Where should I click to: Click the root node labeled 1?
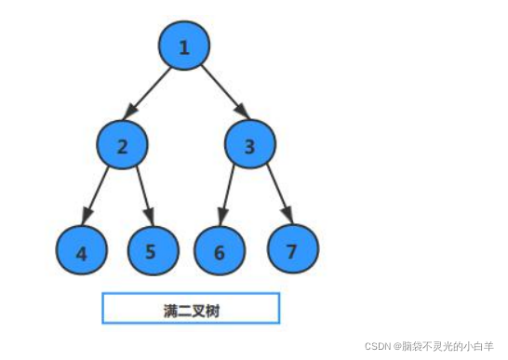tap(184, 47)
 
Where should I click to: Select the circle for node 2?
tap(122, 145)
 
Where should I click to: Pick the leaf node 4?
tap(82, 251)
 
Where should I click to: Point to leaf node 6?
tap(220, 251)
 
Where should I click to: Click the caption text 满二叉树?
tap(190, 309)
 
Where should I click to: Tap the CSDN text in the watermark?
tap(379, 344)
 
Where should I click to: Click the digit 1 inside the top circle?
tap(184, 47)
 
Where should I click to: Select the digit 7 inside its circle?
tap(293, 250)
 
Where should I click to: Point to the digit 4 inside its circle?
tap(82, 252)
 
